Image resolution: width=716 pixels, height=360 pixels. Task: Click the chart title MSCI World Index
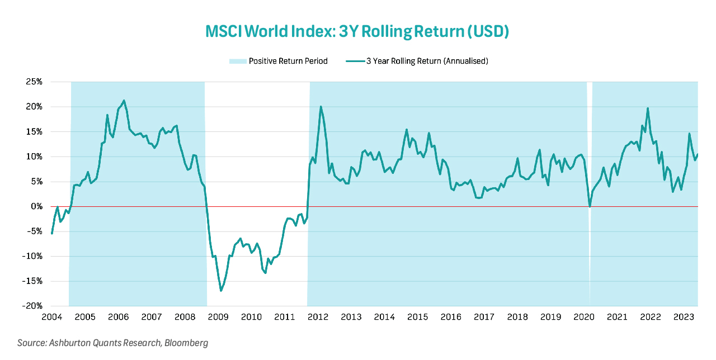point(357,32)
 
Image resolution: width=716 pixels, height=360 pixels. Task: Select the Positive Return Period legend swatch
point(237,61)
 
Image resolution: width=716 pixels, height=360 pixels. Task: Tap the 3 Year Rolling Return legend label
point(427,61)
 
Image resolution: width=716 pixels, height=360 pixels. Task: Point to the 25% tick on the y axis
point(34,82)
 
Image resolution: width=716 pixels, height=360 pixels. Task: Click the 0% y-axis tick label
point(36,207)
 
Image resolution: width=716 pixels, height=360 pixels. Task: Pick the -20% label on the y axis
point(32,306)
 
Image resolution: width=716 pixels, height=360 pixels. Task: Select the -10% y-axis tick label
point(32,257)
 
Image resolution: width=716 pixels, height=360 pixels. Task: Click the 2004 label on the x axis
point(51,318)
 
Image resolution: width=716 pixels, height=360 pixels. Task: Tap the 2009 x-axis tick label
point(218,318)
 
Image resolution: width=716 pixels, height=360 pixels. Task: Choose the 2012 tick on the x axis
point(318,318)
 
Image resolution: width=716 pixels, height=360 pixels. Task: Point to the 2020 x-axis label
point(584,318)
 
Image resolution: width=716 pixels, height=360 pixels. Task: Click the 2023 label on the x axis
point(684,318)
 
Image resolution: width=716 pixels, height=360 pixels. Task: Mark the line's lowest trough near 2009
point(221,291)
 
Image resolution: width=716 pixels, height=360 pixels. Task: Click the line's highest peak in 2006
point(124,101)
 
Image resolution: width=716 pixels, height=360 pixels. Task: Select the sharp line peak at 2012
point(321,107)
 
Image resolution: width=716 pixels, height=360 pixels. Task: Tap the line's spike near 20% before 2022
point(648,108)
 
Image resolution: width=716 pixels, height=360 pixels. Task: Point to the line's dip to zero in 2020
point(590,207)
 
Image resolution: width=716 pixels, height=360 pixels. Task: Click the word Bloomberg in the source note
point(186,343)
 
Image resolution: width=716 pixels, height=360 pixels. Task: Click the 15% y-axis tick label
point(34,132)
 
